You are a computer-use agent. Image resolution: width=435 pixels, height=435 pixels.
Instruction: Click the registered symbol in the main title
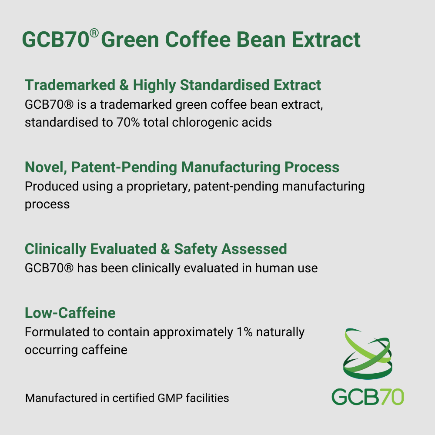(x=94, y=33)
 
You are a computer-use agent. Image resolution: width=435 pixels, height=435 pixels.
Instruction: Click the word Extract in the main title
(x=326, y=40)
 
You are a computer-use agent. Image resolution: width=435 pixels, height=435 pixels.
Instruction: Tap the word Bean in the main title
(x=261, y=40)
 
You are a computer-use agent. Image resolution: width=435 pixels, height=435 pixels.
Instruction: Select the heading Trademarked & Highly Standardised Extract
(x=173, y=85)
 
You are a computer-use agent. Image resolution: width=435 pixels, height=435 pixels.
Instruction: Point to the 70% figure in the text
(x=128, y=122)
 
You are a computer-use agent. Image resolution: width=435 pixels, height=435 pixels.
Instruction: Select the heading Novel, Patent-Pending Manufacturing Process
(x=182, y=167)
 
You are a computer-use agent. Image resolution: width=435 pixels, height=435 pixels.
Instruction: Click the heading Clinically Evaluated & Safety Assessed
(x=156, y=249)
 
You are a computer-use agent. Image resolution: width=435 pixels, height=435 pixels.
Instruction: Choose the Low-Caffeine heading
(x=70, y=313)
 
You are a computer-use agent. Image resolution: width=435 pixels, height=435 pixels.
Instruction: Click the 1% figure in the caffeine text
(x=244, y=332)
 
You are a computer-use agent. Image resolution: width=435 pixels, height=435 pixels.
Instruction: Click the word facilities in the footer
(x=207, y=398)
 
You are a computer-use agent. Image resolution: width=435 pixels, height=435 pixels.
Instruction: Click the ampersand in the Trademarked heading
(x=124, y=85)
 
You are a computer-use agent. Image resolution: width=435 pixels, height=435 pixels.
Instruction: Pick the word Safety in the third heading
(x=195, y=249)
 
